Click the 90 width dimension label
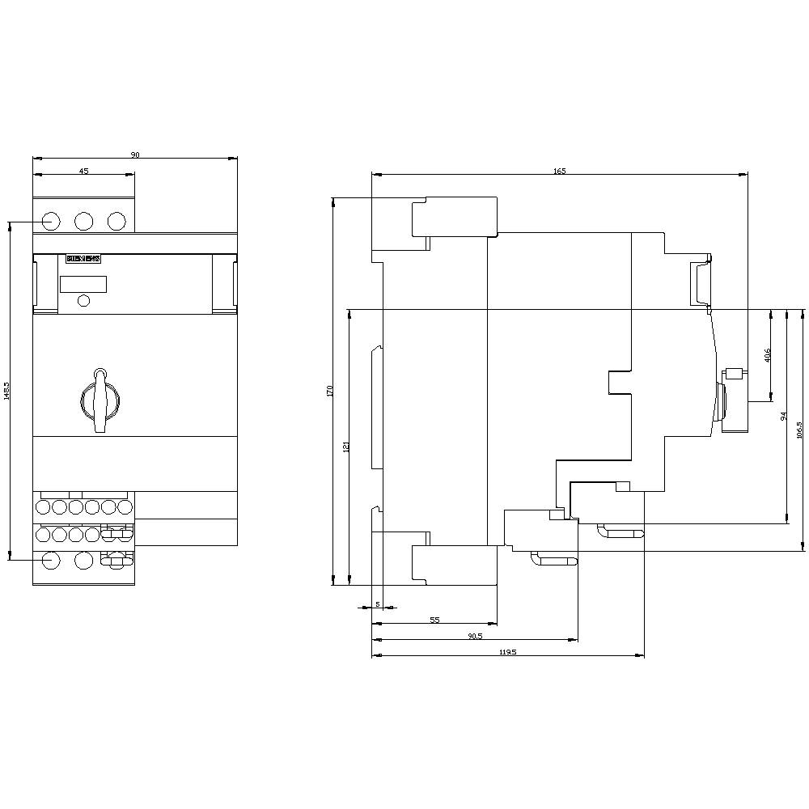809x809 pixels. coord(135,154)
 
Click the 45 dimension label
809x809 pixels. coord(83,170)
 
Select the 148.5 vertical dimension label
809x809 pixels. coord(6,391)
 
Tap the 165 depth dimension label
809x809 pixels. coord(560,170)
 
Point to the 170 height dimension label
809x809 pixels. coord(330,391)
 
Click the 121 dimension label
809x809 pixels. coord(345,446)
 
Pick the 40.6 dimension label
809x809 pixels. coord(768,354)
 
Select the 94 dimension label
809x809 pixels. coord(783,415)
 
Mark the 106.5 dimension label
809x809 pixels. coord(799,430)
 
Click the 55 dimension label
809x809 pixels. coord(434,620)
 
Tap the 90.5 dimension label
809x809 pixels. coord(475,636)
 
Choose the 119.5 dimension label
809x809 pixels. coord(507,652)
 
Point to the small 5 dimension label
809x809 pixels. coord(377,604)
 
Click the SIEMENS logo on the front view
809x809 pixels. coord(83,260)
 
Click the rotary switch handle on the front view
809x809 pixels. coord(100,398)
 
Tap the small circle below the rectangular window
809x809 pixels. coord(83,301)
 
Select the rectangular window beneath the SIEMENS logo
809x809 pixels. coord(83,284)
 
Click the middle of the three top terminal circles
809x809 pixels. coord(83,221)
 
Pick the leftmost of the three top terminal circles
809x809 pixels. coord(49,221)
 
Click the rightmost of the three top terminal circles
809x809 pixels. coord(116,221)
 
